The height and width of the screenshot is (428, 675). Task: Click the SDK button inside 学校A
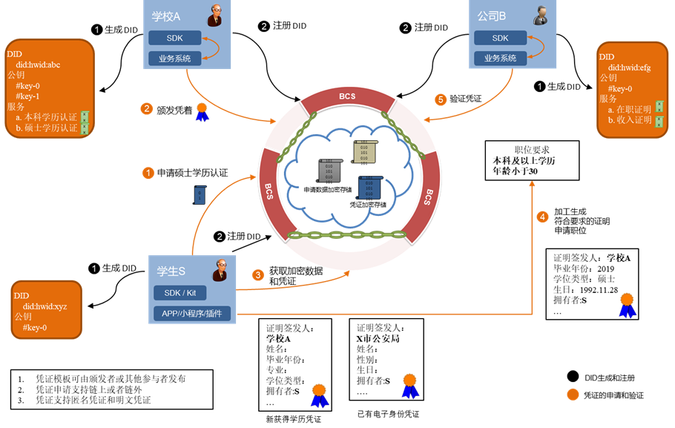174,38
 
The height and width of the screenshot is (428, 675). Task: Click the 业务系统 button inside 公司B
500,58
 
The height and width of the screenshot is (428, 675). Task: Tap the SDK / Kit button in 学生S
180,293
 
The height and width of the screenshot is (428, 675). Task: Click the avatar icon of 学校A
214,16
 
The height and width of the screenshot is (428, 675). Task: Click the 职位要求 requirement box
532,160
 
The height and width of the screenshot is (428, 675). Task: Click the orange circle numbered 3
258,274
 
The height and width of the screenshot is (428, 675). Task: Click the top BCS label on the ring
348,96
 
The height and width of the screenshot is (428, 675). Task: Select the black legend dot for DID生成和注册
572,378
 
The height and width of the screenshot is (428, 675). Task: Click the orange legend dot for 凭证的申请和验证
572,395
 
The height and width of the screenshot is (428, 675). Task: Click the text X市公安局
378,338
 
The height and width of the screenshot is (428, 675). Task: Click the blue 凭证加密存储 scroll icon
369,186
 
